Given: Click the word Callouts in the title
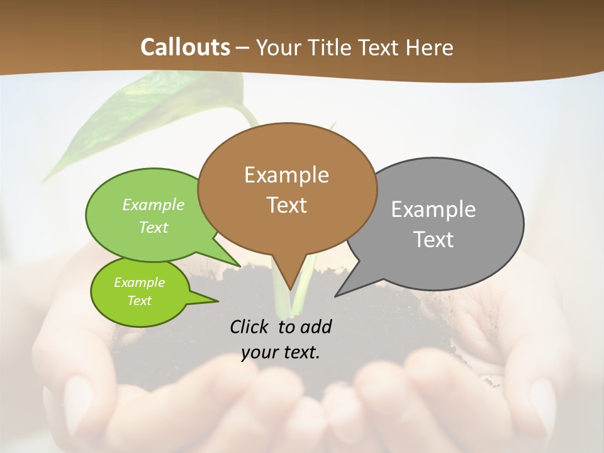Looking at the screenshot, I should (185, 47).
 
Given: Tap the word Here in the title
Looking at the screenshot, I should (429, 47).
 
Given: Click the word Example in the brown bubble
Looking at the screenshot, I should (287, 175).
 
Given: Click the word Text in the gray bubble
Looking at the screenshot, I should (434, 239).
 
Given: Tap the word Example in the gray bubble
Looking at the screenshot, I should (433, 210).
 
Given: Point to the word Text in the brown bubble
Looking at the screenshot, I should (287, 205).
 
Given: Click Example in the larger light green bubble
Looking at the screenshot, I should (154, 204).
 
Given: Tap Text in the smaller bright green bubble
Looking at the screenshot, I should (140, 301).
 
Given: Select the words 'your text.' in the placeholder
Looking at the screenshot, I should (281, 352).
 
